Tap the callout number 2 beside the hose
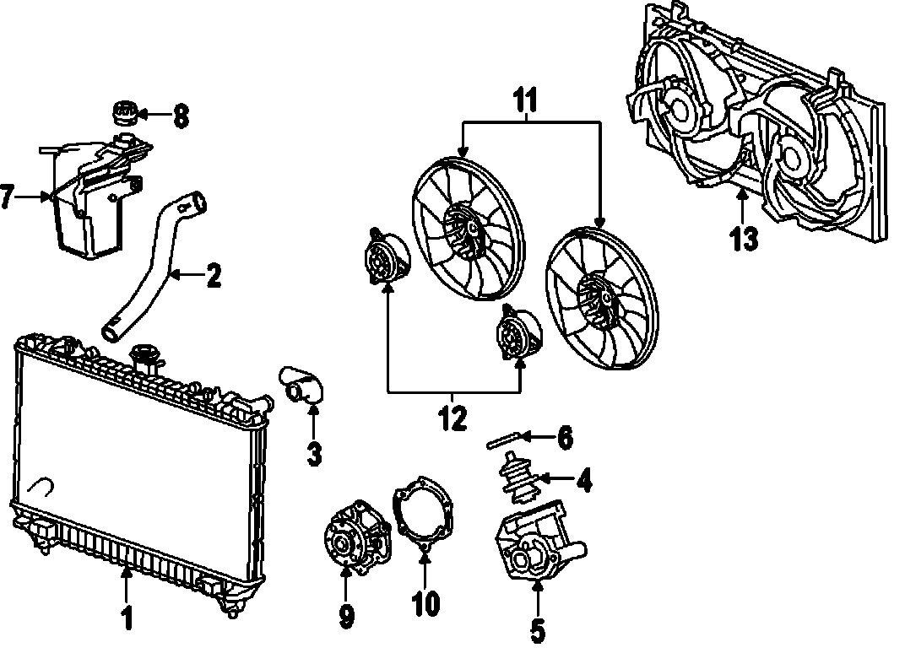(x=214, y=275)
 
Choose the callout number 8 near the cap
(x=180, y=115)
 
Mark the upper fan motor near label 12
(x=384, y=256)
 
